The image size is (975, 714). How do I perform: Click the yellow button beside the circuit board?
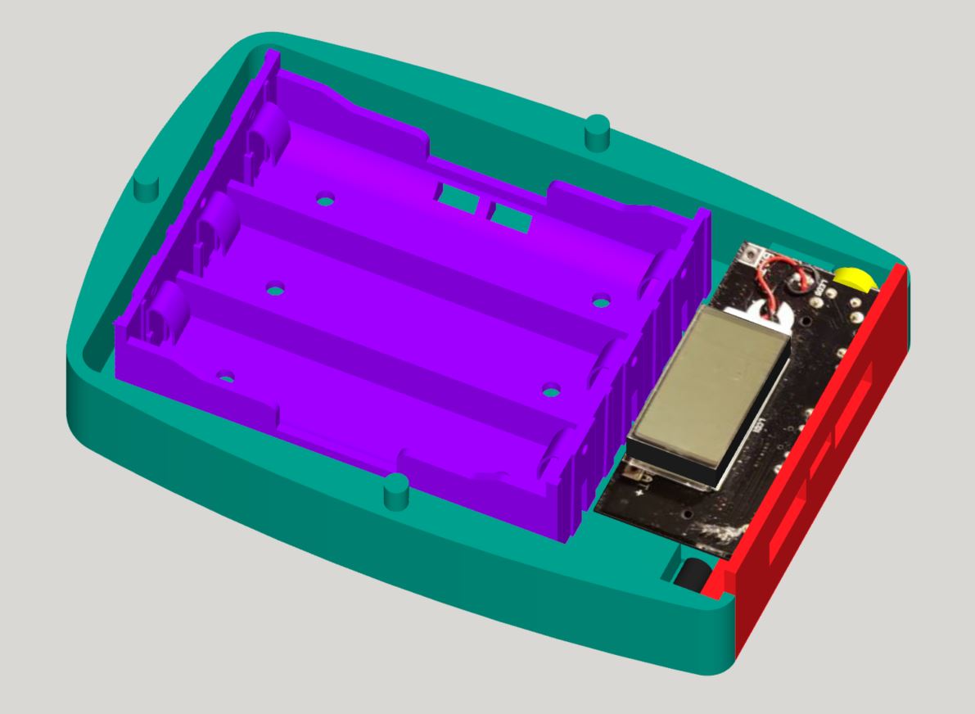point(854,278)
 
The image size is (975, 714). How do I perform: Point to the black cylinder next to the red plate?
point(690,570)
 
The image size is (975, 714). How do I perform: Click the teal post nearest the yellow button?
point(598,131)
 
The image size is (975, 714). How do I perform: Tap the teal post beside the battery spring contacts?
point(146,188)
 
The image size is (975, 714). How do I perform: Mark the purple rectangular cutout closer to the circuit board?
point(509,217)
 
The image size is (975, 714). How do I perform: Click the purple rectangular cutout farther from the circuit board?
point(457,197)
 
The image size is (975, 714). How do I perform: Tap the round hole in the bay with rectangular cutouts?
point(326,200)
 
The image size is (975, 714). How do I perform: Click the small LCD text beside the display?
point(758,425)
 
